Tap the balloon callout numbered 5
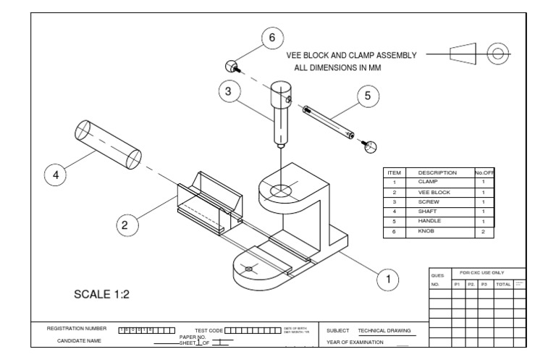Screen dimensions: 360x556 368,97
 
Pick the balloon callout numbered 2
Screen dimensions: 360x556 125,225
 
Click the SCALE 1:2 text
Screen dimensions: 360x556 102,295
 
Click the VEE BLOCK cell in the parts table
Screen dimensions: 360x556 432,192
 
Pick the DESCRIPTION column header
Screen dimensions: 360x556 437,173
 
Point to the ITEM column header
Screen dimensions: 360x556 395,173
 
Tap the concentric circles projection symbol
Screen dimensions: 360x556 497,54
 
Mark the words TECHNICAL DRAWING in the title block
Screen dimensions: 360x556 384,330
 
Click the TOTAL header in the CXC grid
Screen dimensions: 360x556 502,285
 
